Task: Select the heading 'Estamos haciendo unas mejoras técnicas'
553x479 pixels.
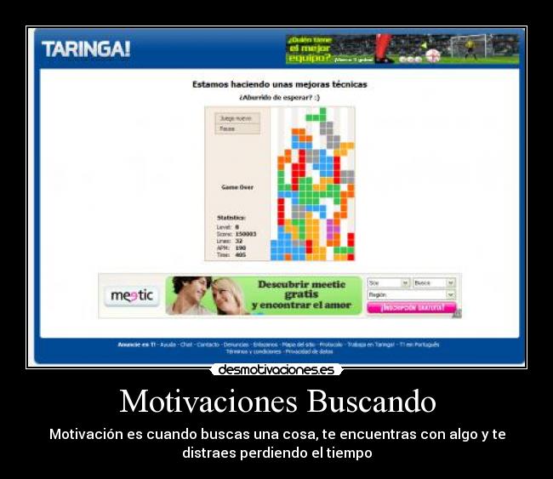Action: click(279, 84)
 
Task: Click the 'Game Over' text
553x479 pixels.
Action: click(237, 187)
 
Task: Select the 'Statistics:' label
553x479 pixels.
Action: click(231, 217)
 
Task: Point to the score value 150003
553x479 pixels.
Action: click(245, 233)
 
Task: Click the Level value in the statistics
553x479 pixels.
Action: click(237, 226)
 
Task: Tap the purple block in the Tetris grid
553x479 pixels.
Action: click(333, 229)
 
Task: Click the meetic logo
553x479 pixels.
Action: click(133, 295)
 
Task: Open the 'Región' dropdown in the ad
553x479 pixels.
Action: click(411, 294)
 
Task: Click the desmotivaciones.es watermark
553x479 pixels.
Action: click(276, 369)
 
